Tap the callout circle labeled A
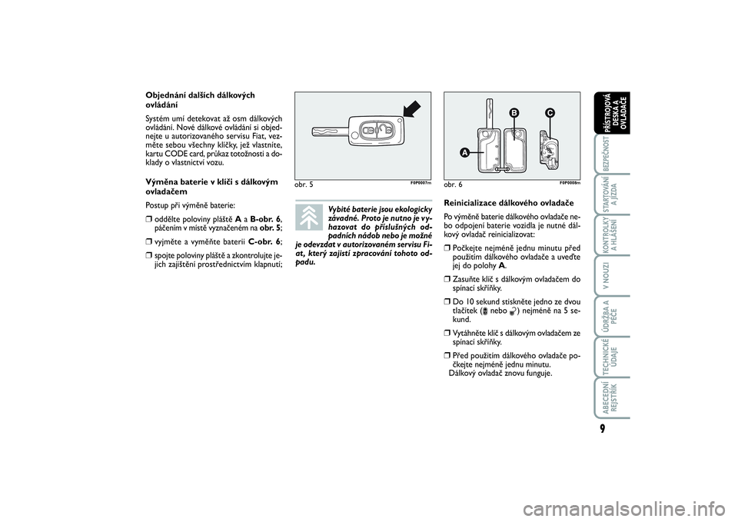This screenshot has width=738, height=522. click(x=464, y=152)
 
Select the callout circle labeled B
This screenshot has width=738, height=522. click(x=514, y=113)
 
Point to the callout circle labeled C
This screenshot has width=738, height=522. click(x=550, y=113)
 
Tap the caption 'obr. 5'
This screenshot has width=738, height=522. click(x=304, y=185)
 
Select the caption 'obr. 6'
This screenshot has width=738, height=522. click(x=453, y=185)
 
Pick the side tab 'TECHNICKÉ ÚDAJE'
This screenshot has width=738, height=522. click(x=611, y=357)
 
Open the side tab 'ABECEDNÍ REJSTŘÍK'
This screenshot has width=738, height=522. click(x=611, y=397)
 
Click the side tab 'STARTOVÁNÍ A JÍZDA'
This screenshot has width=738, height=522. click(x=611, y=194)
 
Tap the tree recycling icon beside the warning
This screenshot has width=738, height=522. click(x=309, y=218)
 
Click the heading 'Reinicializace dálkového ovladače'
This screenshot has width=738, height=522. click(x=509, y=203)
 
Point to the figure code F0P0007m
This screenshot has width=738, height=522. click(x=421, y=183)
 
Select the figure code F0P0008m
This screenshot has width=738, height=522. click(x=570, y=183)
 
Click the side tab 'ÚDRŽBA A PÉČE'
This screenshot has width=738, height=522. click(x=611, y=315)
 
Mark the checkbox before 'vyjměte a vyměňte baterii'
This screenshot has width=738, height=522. click(x=148, y=242)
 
